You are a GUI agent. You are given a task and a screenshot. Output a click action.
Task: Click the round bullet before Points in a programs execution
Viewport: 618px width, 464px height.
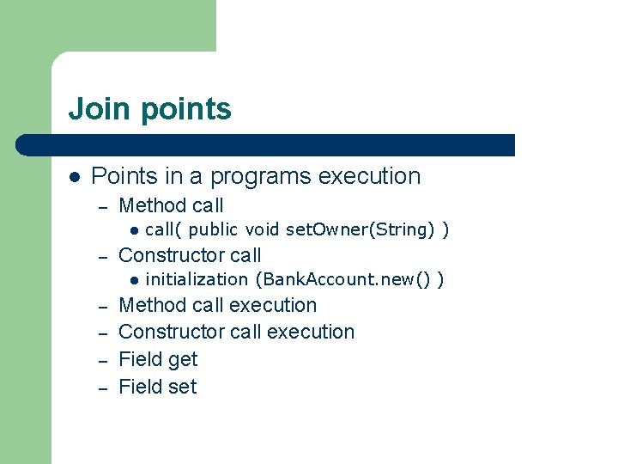pyautogui.click(x=75, y=176)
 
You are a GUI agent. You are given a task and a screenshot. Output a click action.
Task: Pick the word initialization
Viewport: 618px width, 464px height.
pyautogui.click(x=197, y=279)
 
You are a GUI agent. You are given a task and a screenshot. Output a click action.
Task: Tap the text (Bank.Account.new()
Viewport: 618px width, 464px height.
pyautogui.click(x=343, y=279)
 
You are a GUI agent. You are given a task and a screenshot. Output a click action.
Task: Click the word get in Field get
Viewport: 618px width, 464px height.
pyautogui.click(x=182, y=360)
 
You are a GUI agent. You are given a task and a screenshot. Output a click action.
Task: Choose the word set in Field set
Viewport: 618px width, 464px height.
pyautogui.click(x=182, y=387)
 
